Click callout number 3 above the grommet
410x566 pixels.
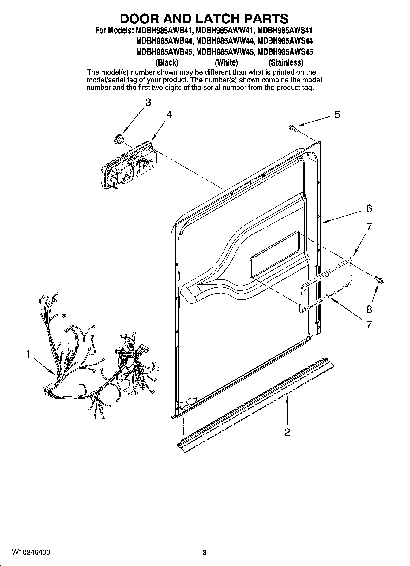click(x=148, y=102)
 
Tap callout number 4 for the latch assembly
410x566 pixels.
click(x=169, y=114)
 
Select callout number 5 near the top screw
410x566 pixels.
click(x=337, y=114)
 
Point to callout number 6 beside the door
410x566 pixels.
click(x=369, y=209)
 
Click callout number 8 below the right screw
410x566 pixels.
click(x=369, y=309)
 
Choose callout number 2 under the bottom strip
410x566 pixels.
click(x=287, y=432)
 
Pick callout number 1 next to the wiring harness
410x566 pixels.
click(x=28, y=354)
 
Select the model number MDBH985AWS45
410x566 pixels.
click(x=285, y=52)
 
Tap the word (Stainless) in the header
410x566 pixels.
click(x=286, y=63)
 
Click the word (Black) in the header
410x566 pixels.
click(x=167, y=63)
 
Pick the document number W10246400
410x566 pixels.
click(x=31, y=552)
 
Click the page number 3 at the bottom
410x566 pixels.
click(x=205, y=553)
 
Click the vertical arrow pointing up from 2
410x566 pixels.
click(x=287, y=410)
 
